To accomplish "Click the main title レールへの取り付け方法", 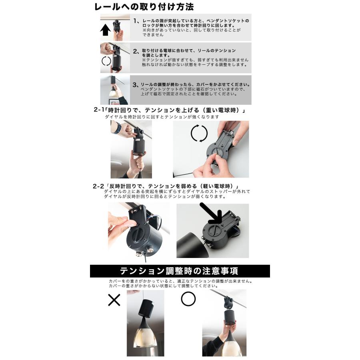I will click(144, 7).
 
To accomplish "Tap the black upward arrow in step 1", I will click(106, 30).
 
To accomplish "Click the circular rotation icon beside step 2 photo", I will click(106, 61).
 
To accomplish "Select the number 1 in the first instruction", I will click(135, 20).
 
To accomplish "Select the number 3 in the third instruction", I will click(135, 85).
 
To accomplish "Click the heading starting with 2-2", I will click(166, 186).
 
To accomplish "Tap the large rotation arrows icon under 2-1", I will click(199, 133).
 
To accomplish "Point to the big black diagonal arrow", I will click(212, 214).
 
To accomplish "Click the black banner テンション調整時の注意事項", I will click(180, 271).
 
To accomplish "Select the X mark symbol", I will click(114, 300).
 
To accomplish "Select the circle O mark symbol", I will click(188, 299).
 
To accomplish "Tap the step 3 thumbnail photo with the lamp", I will click(114, 90).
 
